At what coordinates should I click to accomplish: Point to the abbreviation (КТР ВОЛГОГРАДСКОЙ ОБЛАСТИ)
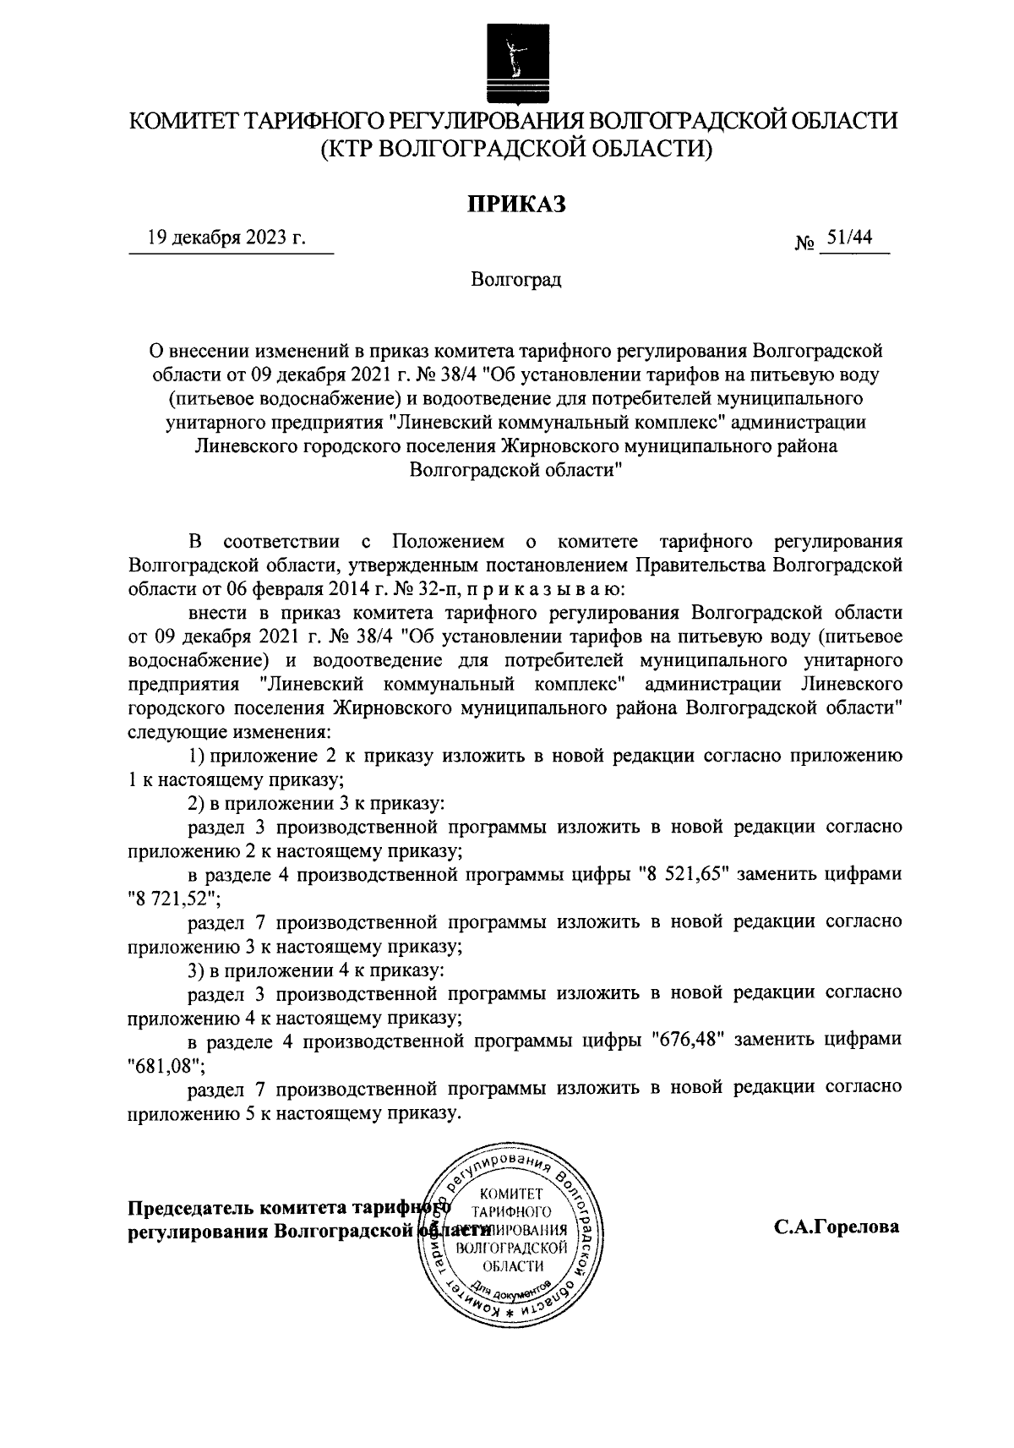[x=515, y=150]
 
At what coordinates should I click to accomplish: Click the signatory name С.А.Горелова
[x=836, y=1227]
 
